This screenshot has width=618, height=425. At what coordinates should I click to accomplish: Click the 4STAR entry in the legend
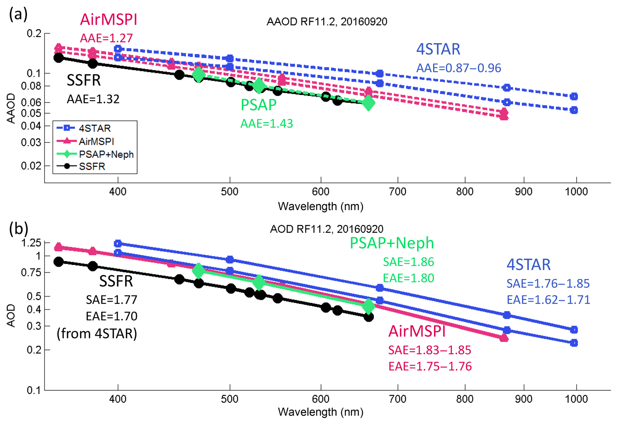click(x=94, y=128)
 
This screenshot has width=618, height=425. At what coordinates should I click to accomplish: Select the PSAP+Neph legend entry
click(x=106, y=154)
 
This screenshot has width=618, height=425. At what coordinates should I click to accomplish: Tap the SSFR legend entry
click(x=92, y=166)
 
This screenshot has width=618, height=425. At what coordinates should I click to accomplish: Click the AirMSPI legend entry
click(x=96, y=141)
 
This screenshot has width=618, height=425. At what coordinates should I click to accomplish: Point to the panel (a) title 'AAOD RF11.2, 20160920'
click(x=327, y=22)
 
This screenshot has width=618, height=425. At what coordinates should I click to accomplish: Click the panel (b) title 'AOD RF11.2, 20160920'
click(x=326, y=229)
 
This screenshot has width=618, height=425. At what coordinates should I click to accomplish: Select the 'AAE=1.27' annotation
click(x=106, y=38)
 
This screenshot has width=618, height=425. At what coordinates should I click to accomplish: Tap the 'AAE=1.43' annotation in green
click(x=267, y=124)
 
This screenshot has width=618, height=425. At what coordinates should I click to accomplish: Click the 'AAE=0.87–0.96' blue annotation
click(x=459, y=68)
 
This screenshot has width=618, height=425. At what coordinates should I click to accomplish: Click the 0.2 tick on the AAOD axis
click(x=34, y=33)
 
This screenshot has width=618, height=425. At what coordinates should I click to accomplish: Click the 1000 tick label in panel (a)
click(x=576, y=191)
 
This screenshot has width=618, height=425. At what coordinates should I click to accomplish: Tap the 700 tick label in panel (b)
click(x=398, y=399)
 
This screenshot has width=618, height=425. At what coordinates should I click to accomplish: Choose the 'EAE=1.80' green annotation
click(x=408, y=278)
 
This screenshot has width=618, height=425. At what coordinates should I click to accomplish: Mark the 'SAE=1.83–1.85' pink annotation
click(x=430, y=350)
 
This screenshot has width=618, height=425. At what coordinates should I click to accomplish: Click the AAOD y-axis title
click(x=11, y=108)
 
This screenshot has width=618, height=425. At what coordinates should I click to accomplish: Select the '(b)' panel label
click(x=19, y=229)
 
